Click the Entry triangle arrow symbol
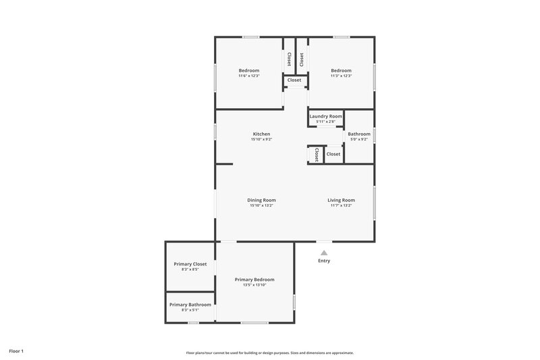(x=324, y=253)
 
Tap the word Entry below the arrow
(x=324, y=261)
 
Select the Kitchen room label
(x=261, y=134)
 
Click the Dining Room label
(x=261, y=200)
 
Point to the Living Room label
(x=341, y=200)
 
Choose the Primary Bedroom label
(x=254, y=280)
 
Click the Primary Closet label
(x=190, y=264)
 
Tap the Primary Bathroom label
(x=190, y=305)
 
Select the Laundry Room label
(x=325, y=116)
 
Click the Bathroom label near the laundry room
(x=358, y=134)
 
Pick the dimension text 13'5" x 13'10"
(x=254, y=285)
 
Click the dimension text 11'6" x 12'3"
(x=248, y=76)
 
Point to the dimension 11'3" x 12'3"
(x=341, y=76)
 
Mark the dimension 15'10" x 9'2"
(x=261, y=139)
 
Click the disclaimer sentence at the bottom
(x=269, y=353)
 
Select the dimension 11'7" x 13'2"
(x=341, y=205)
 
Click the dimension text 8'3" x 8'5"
(x=190, y=269)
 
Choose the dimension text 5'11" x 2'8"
(x=325, y=122)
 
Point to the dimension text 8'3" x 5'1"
(x=190, y=310)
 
